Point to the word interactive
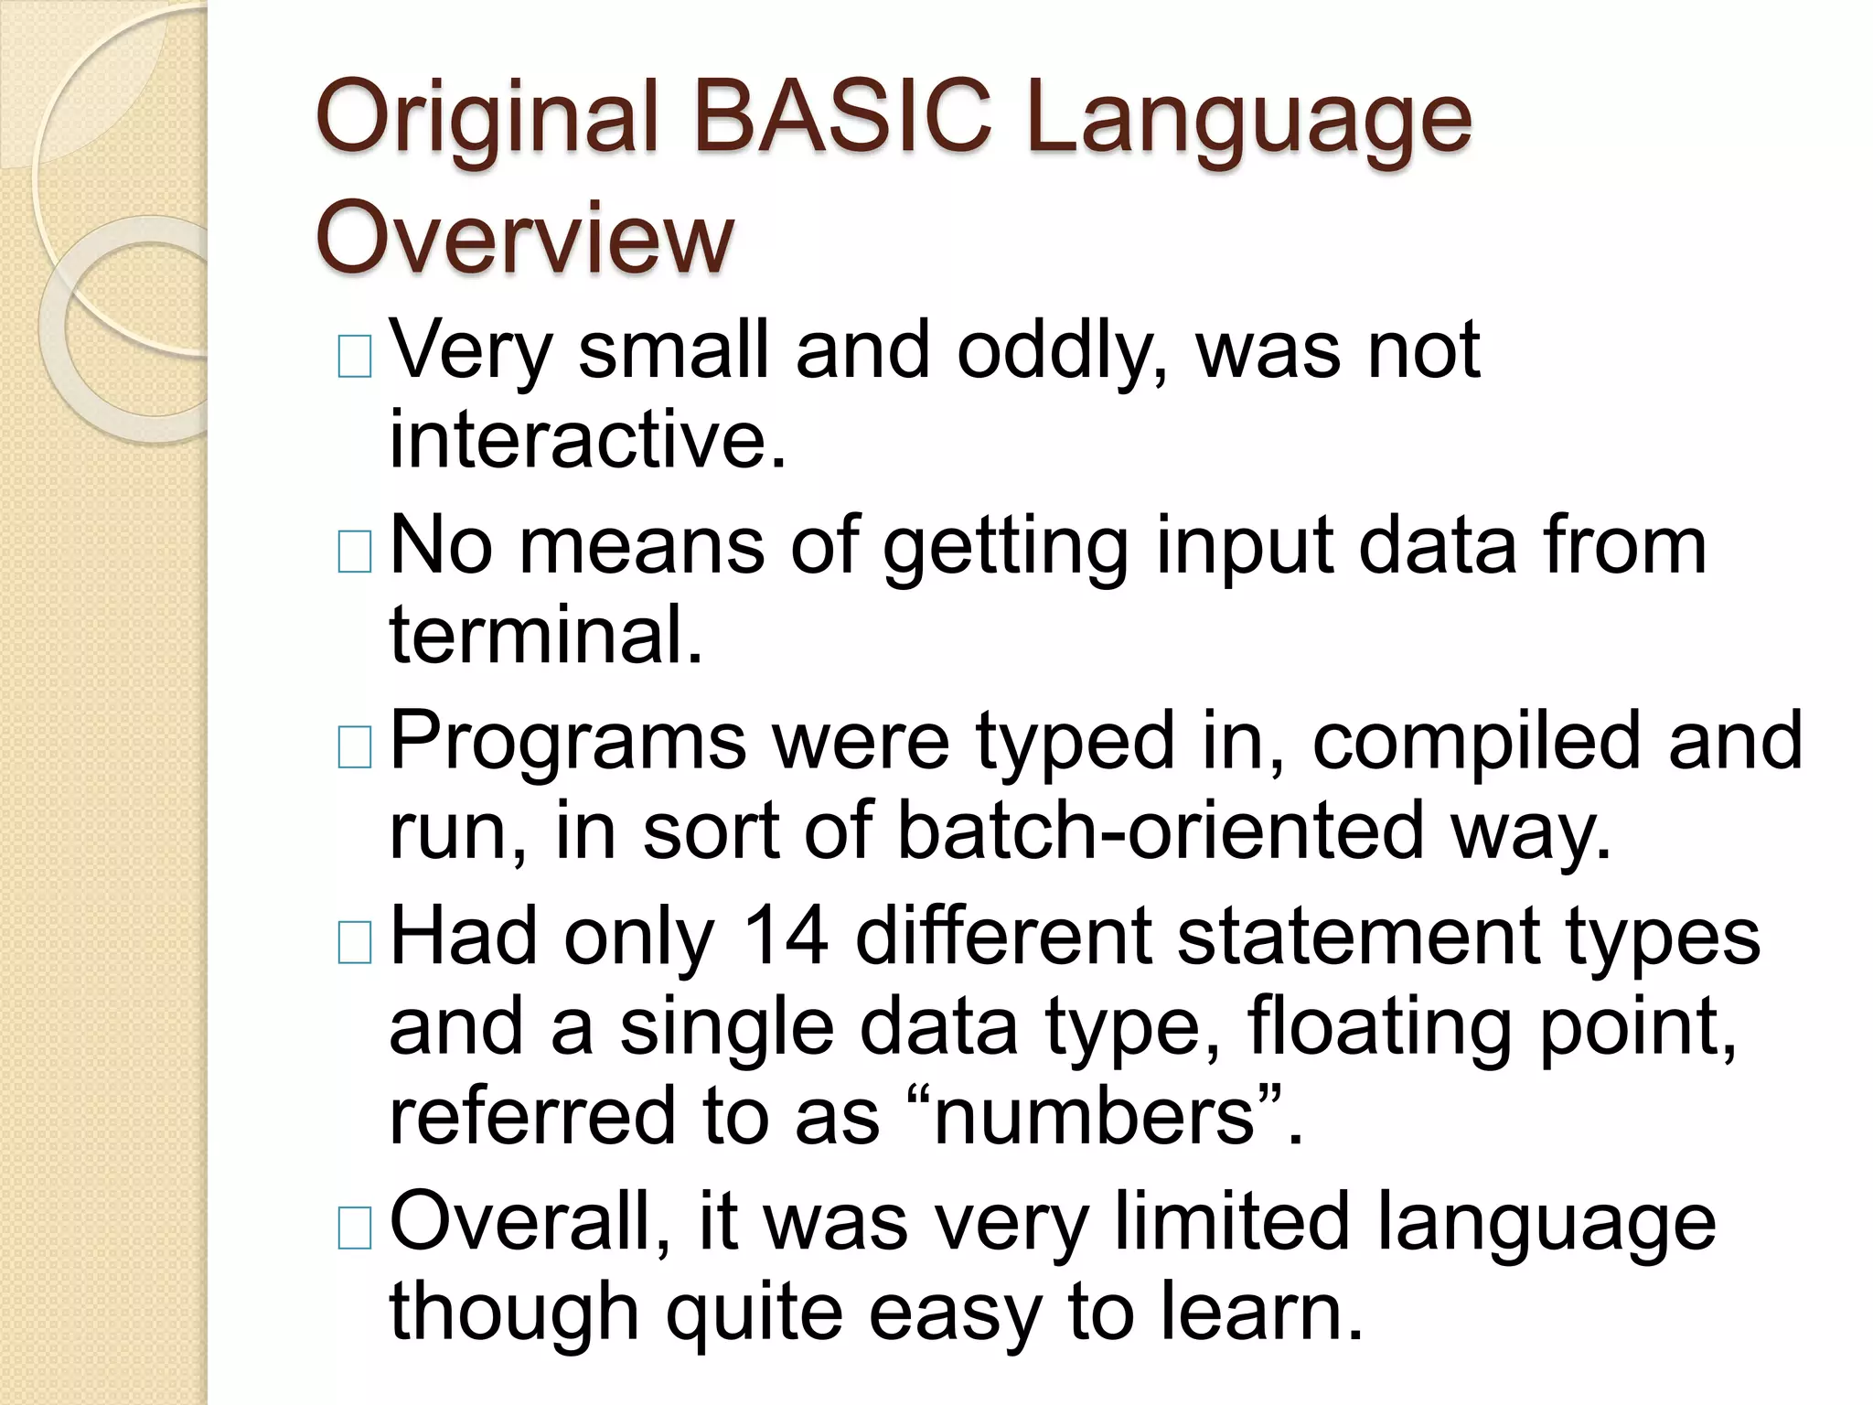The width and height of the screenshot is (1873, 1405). pos(587,440)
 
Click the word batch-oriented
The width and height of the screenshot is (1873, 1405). pos(1161,831)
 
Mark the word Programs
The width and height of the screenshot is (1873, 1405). pos(568,741)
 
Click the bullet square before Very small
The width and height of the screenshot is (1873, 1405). pos(355,357)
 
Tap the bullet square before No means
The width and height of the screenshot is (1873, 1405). pos(355,552)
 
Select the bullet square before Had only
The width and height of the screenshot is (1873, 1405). pos(355,943)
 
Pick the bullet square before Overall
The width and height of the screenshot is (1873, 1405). pos(355,1228)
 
